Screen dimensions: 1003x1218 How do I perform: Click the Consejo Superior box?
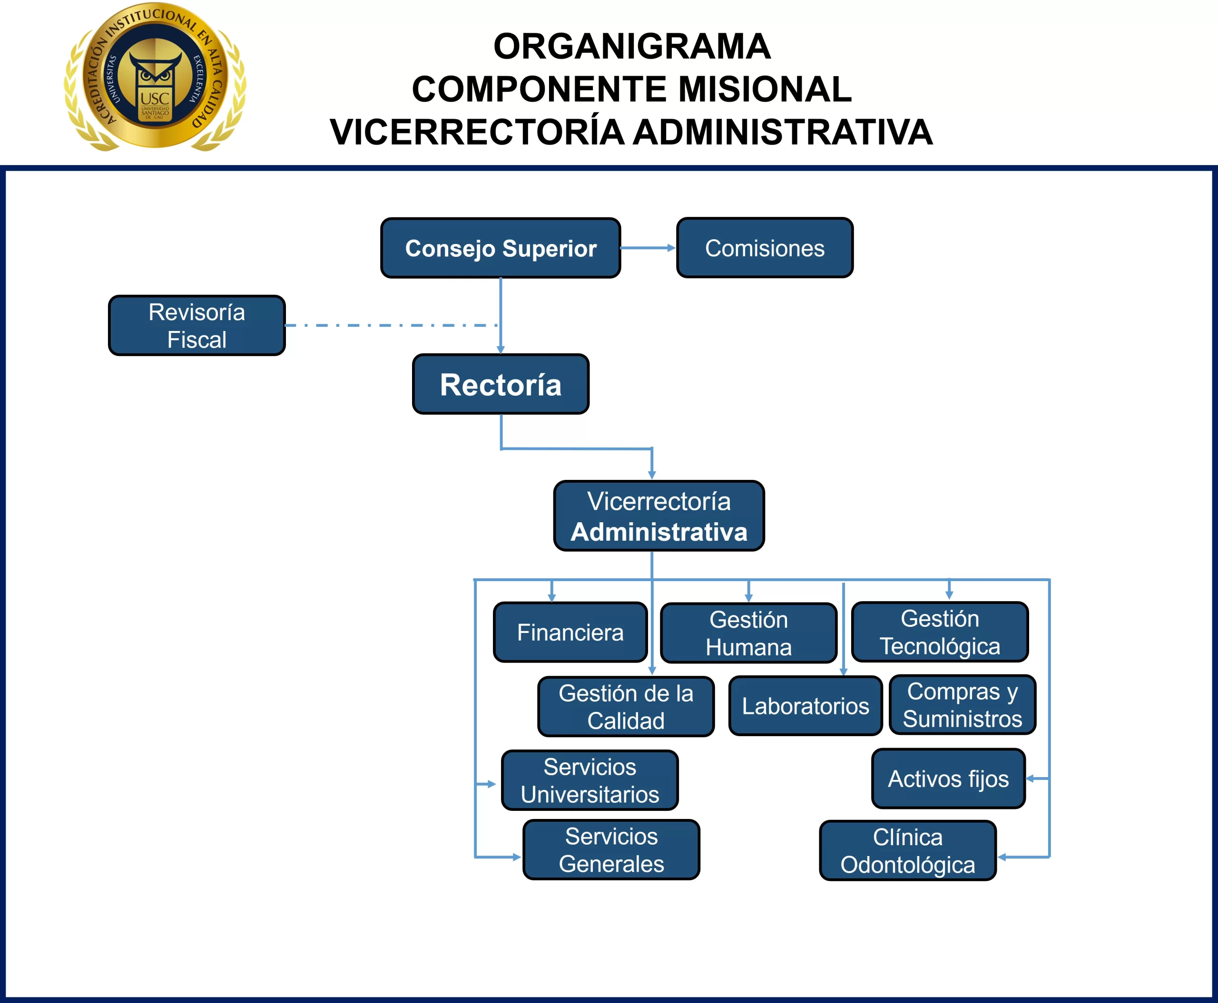(x=501, y=248)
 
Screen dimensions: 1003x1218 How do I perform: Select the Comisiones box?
(x=765, y=248)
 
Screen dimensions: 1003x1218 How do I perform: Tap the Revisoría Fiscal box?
(x=196, y=325)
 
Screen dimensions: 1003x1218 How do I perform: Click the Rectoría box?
(x=501, y=384)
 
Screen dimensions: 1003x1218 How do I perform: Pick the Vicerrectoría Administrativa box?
(x=659, y=516)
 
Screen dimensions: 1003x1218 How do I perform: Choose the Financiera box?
(x=570, y=632)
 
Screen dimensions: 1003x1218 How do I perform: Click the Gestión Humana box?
(x=748, y=633)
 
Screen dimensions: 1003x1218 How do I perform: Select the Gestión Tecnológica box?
(x=940, y=632)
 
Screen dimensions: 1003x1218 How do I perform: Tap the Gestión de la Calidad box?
(x=626, y=707)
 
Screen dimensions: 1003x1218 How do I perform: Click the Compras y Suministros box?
(x=963, y=705)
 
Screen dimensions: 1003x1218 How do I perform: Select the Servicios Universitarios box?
(x=589, y=780)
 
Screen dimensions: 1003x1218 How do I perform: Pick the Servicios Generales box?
(x=611, y=850)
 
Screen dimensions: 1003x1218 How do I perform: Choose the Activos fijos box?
(x=948, y=779)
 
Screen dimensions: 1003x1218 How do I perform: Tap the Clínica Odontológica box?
(x=908, y=850)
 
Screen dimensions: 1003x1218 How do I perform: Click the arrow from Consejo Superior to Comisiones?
(x=648, y=248)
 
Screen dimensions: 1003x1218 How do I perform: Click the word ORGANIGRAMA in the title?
(x=632, y=46)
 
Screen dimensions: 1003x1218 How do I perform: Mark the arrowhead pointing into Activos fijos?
(x=1030, y=779)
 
